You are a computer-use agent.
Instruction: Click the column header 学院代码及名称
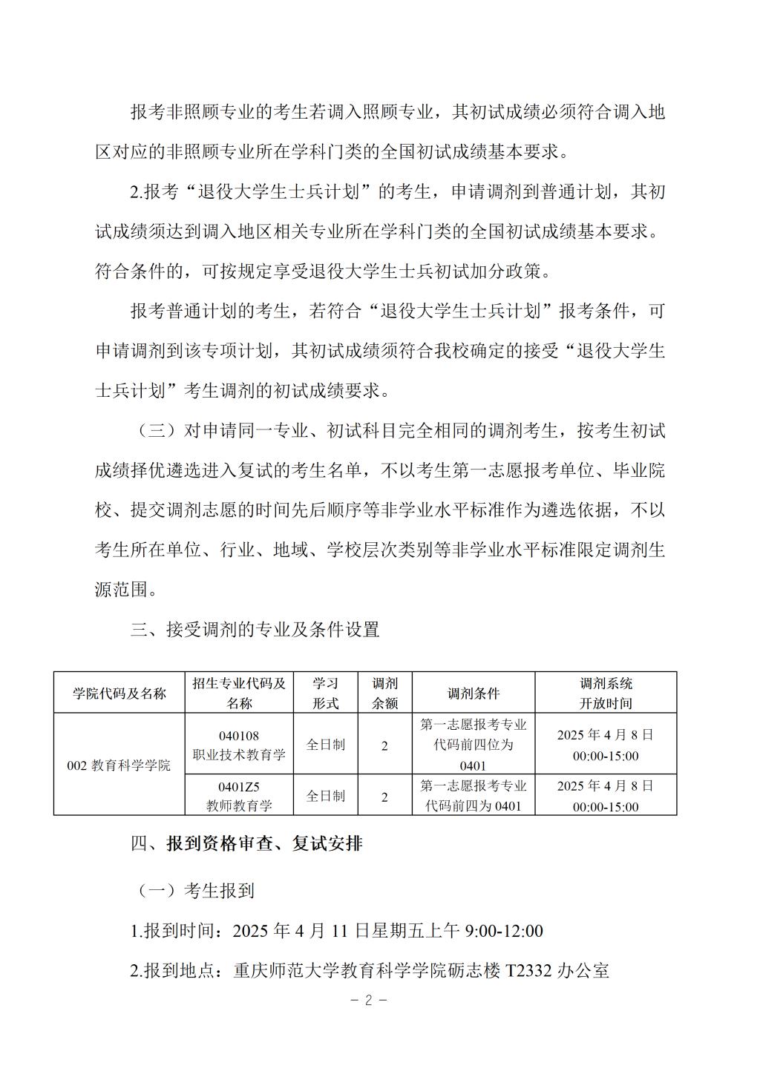click(119, 693)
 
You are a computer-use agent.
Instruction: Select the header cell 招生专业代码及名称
click(239, 693)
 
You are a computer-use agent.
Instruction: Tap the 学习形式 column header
click(325, 693)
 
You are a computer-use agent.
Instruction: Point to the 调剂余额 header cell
click(384, 693)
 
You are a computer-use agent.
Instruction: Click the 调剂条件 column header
click(474, 693)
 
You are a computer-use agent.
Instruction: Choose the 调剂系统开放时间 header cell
click(606, 693)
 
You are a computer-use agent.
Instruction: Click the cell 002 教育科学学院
click(119, 765)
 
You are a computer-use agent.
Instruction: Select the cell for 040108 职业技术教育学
click(239, 745)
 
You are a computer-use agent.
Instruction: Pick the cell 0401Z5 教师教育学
click(239, 795)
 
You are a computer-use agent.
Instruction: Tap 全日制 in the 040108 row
click(325, 745)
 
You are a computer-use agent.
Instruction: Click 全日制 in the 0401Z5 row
click(325, 796)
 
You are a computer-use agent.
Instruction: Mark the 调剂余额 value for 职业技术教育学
click(384, 745)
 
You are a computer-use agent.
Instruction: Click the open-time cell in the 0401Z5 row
click(606, 795)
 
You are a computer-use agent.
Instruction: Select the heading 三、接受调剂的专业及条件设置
click(255, 630)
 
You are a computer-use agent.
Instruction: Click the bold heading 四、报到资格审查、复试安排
click(246, 843)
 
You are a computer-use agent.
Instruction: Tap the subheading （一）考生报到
click(196, 891)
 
